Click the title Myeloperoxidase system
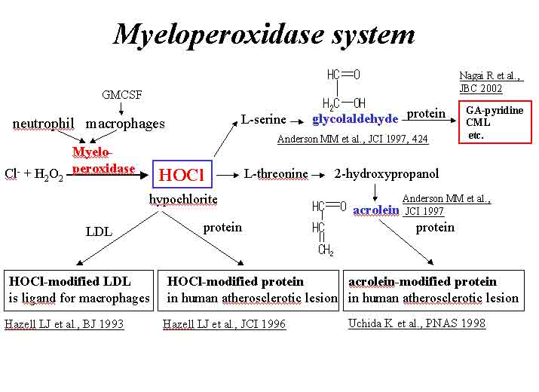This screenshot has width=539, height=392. [x=264, y=34]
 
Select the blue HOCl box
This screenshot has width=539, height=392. [x=182, y=174]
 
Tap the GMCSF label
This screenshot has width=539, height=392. [x=121, y=95]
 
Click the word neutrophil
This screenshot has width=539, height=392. [x=43, y=124]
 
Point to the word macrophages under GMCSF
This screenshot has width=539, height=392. [x=125, y=124]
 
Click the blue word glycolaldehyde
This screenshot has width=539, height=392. [x=354, y=118]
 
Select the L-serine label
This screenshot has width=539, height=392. [x=264, y=119]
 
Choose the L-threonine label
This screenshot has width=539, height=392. [x=276, y=174]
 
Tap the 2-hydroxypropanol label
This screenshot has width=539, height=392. [x=386, y=174]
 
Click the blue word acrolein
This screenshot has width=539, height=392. [x=375, y=210]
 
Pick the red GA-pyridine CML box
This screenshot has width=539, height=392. [x=495, y=122]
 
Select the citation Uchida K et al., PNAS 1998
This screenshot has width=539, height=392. [x=416, y=323]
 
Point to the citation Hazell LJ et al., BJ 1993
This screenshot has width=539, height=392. [x=64, y=324]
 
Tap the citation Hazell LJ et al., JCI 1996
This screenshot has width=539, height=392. [x=225, y=324]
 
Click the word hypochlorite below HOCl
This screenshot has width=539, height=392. [x=183, y=199]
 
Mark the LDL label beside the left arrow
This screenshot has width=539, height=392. [x=99, y=232]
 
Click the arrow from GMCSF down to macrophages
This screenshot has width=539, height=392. [x=121, y=109]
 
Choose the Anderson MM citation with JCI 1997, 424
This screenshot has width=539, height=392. [x=352, y=139]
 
